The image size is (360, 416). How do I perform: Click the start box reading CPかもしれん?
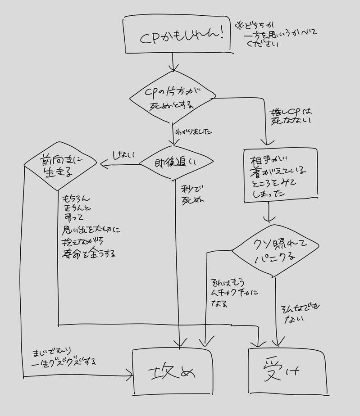click(x=178, y=35)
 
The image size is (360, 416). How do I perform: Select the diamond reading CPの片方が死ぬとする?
click(x=173, y=98)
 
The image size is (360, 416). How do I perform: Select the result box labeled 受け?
click(x=287, y=371)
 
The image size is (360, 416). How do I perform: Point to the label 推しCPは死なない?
click(x=291, y=116)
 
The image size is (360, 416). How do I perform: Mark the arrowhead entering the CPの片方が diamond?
click(x=173, y=68)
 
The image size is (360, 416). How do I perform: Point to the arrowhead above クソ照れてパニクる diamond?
click(x=269, y=220)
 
